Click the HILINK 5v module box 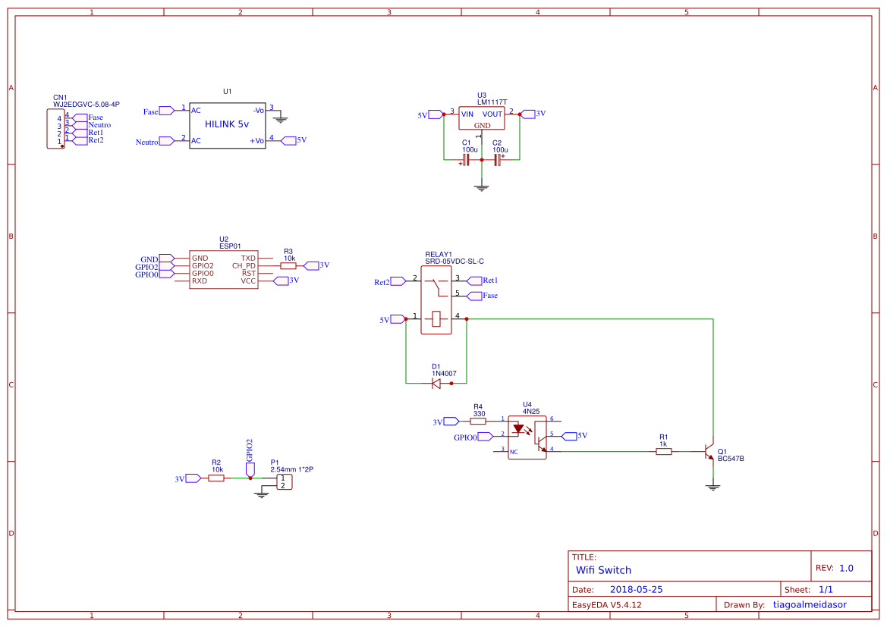[227, 125]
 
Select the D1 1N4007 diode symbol [436, 384]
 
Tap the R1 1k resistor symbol [664, 451]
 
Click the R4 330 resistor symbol [478, 421]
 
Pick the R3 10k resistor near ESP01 [288, 266]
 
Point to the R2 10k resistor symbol [216, 478]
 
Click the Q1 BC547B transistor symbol [709, 452]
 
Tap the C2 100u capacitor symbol [498, 160]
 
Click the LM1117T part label [492, 102]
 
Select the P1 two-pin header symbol [282, 481]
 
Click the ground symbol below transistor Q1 [712, 487]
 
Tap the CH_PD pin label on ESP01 [244, 266]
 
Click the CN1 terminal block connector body [55, 129]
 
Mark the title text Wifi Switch [603, 570]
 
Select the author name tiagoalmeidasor [809, 605]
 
